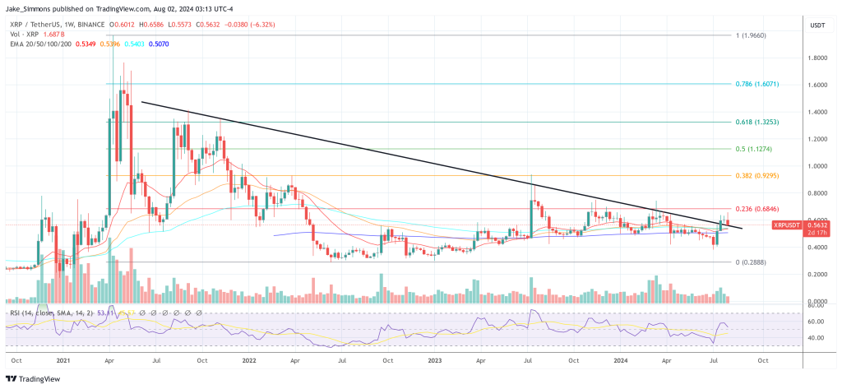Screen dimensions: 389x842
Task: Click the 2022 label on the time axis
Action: tap(249, 359)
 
